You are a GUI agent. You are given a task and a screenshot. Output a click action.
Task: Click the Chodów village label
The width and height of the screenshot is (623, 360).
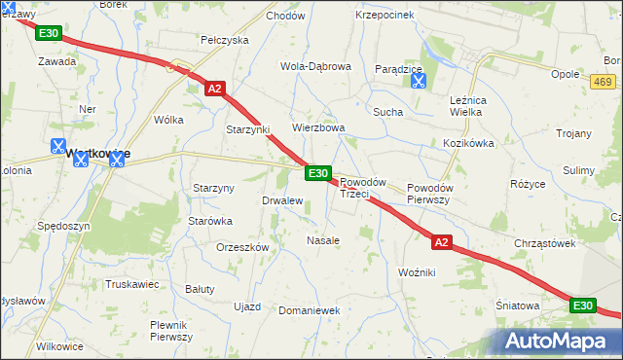[x=285, y=16]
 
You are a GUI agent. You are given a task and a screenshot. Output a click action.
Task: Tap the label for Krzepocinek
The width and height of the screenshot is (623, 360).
[x=385, y=16]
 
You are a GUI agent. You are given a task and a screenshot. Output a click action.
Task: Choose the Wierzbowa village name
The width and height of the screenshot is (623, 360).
[x=319, y=127]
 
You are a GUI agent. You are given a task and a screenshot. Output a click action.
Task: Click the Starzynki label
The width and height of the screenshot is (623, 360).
[x=247, y=129]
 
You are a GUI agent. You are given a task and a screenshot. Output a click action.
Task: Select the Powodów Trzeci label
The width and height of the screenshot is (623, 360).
[x=363, y=188]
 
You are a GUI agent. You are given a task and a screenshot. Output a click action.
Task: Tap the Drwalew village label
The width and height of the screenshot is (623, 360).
[x=282, y=200]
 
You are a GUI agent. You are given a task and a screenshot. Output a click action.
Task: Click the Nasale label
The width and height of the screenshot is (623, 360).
[x=323, y=240]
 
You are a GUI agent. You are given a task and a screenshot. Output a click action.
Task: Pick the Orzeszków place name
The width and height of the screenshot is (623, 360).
[x=242, y=247]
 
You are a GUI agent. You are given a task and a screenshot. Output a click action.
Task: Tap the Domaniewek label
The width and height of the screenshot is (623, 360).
[x=308, y=310]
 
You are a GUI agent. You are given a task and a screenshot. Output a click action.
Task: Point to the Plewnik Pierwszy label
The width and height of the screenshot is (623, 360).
[x=171, y=330]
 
